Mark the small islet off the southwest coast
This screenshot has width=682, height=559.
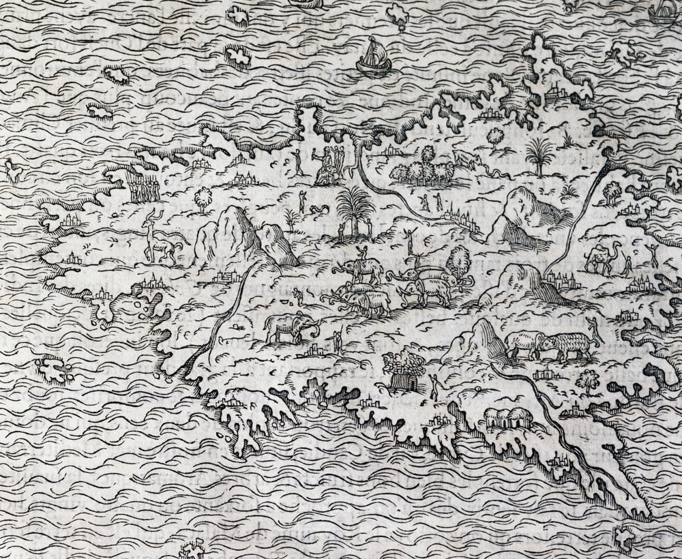coord(55,367)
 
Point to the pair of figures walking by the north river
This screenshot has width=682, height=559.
coord(427,201)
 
